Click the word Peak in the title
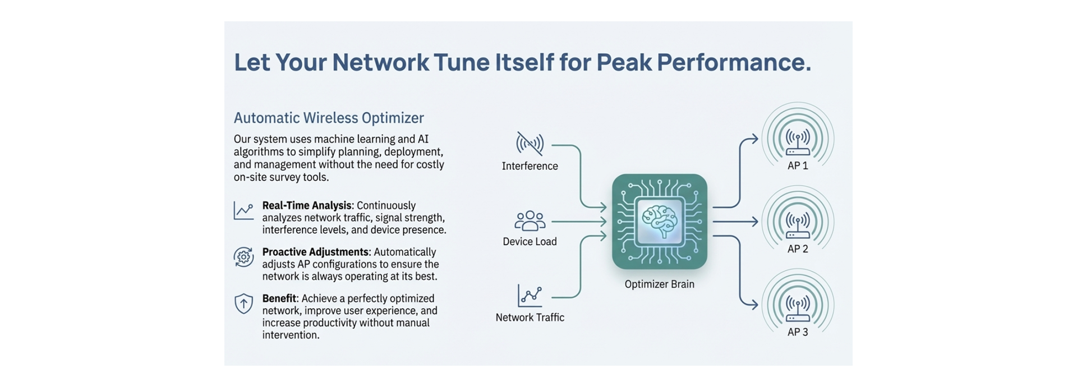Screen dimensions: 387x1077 point(623,62)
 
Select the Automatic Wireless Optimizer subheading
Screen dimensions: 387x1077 point(329,118)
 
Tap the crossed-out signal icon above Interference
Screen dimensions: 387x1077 point(530,144)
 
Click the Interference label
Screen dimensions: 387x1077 point(530,166)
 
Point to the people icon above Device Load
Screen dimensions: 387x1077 point(530,221)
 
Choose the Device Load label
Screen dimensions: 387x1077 point(530,242)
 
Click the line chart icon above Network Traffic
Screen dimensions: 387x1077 point(530,295)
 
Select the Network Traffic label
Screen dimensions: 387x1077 point(530,317)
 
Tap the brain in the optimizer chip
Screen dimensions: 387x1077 point(659,220)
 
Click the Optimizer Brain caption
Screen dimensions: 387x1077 point(659,284)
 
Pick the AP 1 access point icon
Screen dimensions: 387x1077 point(798,141)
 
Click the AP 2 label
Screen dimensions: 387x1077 point(798,249)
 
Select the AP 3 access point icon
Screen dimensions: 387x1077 point(798,308)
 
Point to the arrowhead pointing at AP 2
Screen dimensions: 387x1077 point(754,222)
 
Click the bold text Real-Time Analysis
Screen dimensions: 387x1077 point(307,206)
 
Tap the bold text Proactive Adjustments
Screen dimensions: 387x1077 point(315,252)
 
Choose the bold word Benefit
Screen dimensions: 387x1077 point(279,299)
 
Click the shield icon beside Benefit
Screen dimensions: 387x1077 point(243,303)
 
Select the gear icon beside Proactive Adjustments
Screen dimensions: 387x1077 point(243,257)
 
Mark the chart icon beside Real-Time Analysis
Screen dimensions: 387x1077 point(243,211)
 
